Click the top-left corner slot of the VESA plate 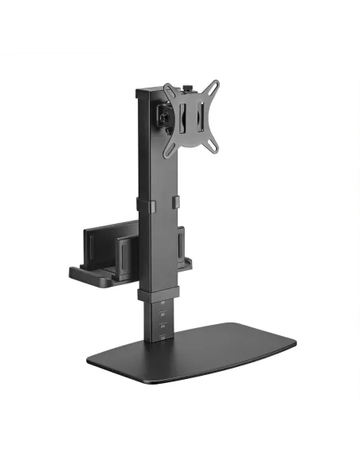coord(168,88)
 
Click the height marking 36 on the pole coord(162,315)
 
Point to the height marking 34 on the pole coord(162,326)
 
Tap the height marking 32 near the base coord(162,338)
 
